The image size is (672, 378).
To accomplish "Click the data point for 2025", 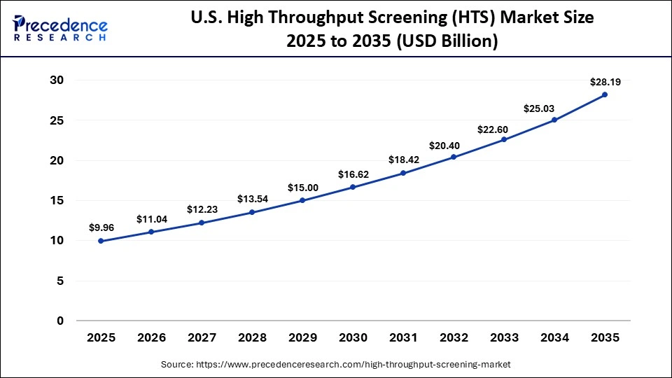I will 101,241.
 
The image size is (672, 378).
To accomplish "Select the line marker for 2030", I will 353,187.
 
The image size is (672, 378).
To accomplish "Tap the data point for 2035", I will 605,94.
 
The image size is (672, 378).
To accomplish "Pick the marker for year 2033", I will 504,139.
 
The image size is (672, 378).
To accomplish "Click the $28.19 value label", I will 605,82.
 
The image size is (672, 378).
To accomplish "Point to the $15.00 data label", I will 302,188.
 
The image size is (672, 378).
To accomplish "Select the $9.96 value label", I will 101,227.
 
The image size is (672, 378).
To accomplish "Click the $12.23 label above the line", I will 202,209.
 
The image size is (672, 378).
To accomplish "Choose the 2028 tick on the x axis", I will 252,337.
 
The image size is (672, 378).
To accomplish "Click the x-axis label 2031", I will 403,337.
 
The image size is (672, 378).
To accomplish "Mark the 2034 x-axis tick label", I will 554,337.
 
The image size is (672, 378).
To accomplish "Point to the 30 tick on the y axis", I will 57,80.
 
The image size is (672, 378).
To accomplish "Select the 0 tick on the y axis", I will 60,321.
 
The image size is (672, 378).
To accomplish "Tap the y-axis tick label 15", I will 57,201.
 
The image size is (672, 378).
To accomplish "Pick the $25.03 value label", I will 554,108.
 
